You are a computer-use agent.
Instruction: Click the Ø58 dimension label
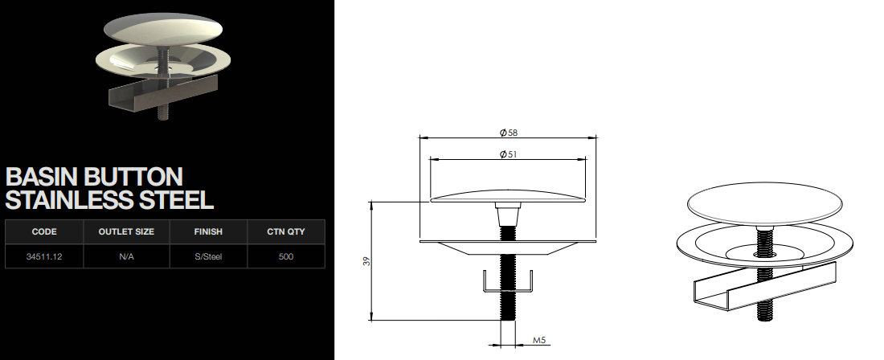point(509,133)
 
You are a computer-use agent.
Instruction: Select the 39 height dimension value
point(367,261)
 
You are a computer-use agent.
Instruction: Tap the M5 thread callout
point(539,340)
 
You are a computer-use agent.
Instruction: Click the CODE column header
point(44,231)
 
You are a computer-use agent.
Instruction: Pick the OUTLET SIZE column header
point(126,231)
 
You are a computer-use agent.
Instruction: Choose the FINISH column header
point(209,231)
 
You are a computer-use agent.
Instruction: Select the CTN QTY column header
point(286,231)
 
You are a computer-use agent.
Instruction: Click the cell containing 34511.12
point(44,256)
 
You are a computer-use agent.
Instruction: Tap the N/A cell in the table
point(126,256)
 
